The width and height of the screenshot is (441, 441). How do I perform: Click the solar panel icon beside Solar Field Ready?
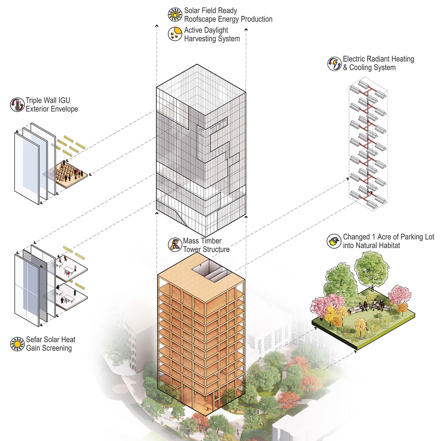(175, 15)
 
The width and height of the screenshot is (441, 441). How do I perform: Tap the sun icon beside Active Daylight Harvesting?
(175, 34)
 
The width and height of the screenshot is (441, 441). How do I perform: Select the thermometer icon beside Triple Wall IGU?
(17, 105)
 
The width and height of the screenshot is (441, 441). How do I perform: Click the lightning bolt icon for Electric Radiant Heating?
(335, 64)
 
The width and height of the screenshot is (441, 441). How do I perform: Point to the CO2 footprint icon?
(175, 245)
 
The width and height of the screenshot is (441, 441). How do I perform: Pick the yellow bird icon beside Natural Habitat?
(334, 241)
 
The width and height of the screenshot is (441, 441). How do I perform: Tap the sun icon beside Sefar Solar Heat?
(17, 344)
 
